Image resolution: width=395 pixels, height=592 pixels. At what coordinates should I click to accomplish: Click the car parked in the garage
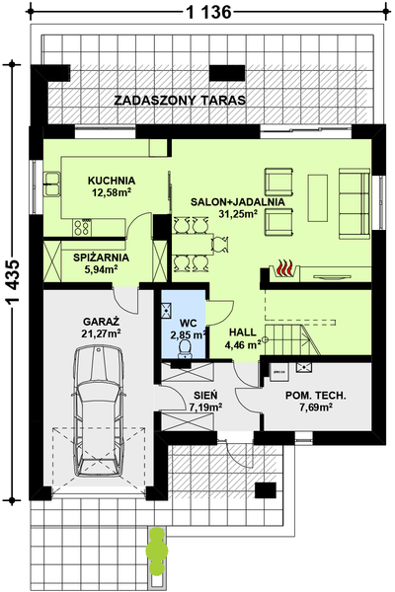click(99, 411)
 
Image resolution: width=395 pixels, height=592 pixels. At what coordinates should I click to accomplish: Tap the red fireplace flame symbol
click(285, 267)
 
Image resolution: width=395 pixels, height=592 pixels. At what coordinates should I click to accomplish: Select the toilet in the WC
click(186, 347)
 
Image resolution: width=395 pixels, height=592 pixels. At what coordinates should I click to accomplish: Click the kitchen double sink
click(52, 185)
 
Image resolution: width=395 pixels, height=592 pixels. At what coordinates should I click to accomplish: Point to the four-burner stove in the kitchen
click(82, 228)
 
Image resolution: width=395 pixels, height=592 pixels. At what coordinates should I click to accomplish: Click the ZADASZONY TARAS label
click(180, 101)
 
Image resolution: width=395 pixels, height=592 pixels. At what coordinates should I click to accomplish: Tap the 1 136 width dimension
click(208, 13)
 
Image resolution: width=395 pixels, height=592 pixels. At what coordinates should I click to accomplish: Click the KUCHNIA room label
click(112, 181)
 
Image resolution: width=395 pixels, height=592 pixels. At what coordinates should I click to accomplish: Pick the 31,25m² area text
click(238, 214)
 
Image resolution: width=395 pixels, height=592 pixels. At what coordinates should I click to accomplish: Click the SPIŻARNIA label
click(102, 258)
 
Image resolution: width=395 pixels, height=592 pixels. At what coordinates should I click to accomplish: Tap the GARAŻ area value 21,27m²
click(101, 333)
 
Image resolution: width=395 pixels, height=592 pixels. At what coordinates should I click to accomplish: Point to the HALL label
click(243, 333)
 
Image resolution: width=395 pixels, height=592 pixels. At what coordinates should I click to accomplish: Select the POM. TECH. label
click(316, 396)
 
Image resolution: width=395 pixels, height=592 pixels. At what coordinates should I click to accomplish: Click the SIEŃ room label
click(205, 396)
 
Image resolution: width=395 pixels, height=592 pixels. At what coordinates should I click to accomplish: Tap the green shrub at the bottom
click(157, 551)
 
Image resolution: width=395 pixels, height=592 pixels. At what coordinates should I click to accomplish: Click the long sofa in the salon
click(355, 204)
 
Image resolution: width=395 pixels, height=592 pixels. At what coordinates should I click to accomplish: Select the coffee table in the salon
click(318, 198)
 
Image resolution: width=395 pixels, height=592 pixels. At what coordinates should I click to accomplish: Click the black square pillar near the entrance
click(265, 490)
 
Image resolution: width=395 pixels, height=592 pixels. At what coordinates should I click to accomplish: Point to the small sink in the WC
click(166, 310)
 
